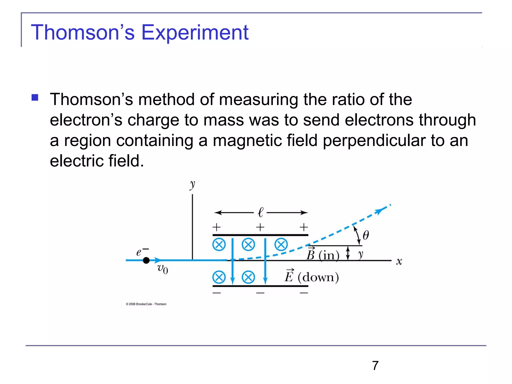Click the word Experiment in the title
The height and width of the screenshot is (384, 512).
195,32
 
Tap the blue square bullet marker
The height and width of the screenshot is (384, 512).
35,97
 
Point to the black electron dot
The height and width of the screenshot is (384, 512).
146,260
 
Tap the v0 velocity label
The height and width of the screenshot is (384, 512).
162,269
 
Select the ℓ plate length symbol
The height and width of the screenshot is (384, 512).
260,212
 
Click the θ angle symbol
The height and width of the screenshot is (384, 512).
365,235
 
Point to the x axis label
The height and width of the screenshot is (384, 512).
399,261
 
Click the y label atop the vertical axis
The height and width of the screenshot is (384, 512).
192,185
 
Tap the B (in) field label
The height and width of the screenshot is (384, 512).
323,254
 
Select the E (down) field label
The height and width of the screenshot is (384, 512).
311,277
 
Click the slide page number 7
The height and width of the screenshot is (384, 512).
375,365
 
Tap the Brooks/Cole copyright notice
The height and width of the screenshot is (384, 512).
146,304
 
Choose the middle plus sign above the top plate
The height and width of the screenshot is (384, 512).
260,227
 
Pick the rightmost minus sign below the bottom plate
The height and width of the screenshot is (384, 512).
304,293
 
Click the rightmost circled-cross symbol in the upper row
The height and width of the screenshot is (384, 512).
281,244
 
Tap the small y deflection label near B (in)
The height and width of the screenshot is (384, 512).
360,254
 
